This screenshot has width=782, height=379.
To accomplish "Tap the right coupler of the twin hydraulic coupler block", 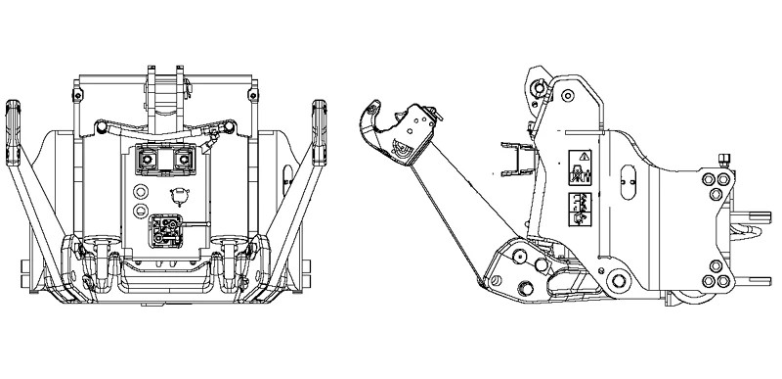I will [181, 159].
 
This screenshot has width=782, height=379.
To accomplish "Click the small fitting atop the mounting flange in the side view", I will [726, 159].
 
